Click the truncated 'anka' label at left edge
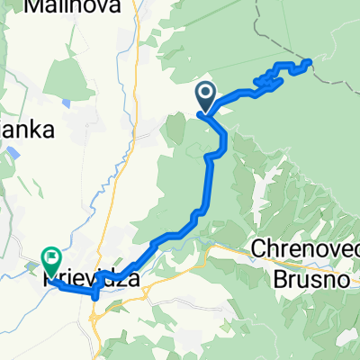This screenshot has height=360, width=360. point(27,129)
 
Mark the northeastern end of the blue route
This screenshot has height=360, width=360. point(310,61)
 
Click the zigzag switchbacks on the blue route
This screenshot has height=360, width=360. point(270,79)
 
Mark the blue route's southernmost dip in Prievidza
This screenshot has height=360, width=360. point(94,294)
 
